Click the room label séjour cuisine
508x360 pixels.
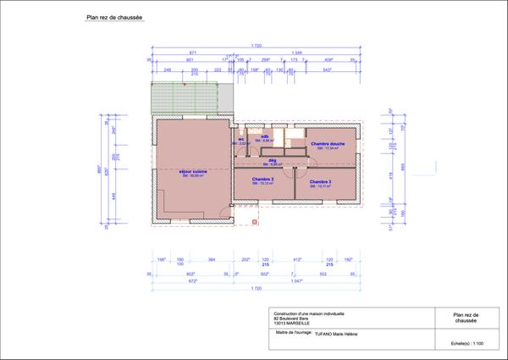pos(194,171)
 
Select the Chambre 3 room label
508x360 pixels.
pos(320,181)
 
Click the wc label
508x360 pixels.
pos(241,140)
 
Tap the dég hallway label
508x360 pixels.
pos(273,159)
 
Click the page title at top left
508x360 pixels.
pos(114,16)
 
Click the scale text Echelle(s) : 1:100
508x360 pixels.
pos(467,343)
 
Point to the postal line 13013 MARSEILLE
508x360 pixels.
pos(286,323)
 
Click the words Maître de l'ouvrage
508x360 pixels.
pos(288,334)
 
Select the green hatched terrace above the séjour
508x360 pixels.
pos(191,100)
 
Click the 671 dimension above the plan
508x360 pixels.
pos(193,52)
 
